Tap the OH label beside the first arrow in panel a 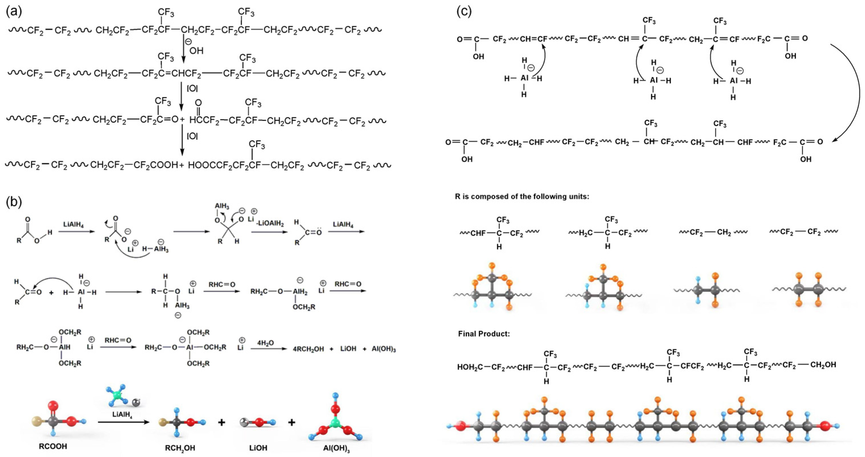pos(197,51)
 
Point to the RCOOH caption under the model pos(53,446)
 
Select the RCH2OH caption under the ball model pos(180,448)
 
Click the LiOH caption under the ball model pos(258,448)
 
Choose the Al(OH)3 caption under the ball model pos(336,448)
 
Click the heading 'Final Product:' pos(484,334)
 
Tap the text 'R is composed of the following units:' pos(522,196)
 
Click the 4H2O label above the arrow pos(265,343)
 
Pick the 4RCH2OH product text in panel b pos(308,349)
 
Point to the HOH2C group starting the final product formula pos(470,367)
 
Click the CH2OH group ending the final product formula pos(823,365)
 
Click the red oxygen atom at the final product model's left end pos(461,426)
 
